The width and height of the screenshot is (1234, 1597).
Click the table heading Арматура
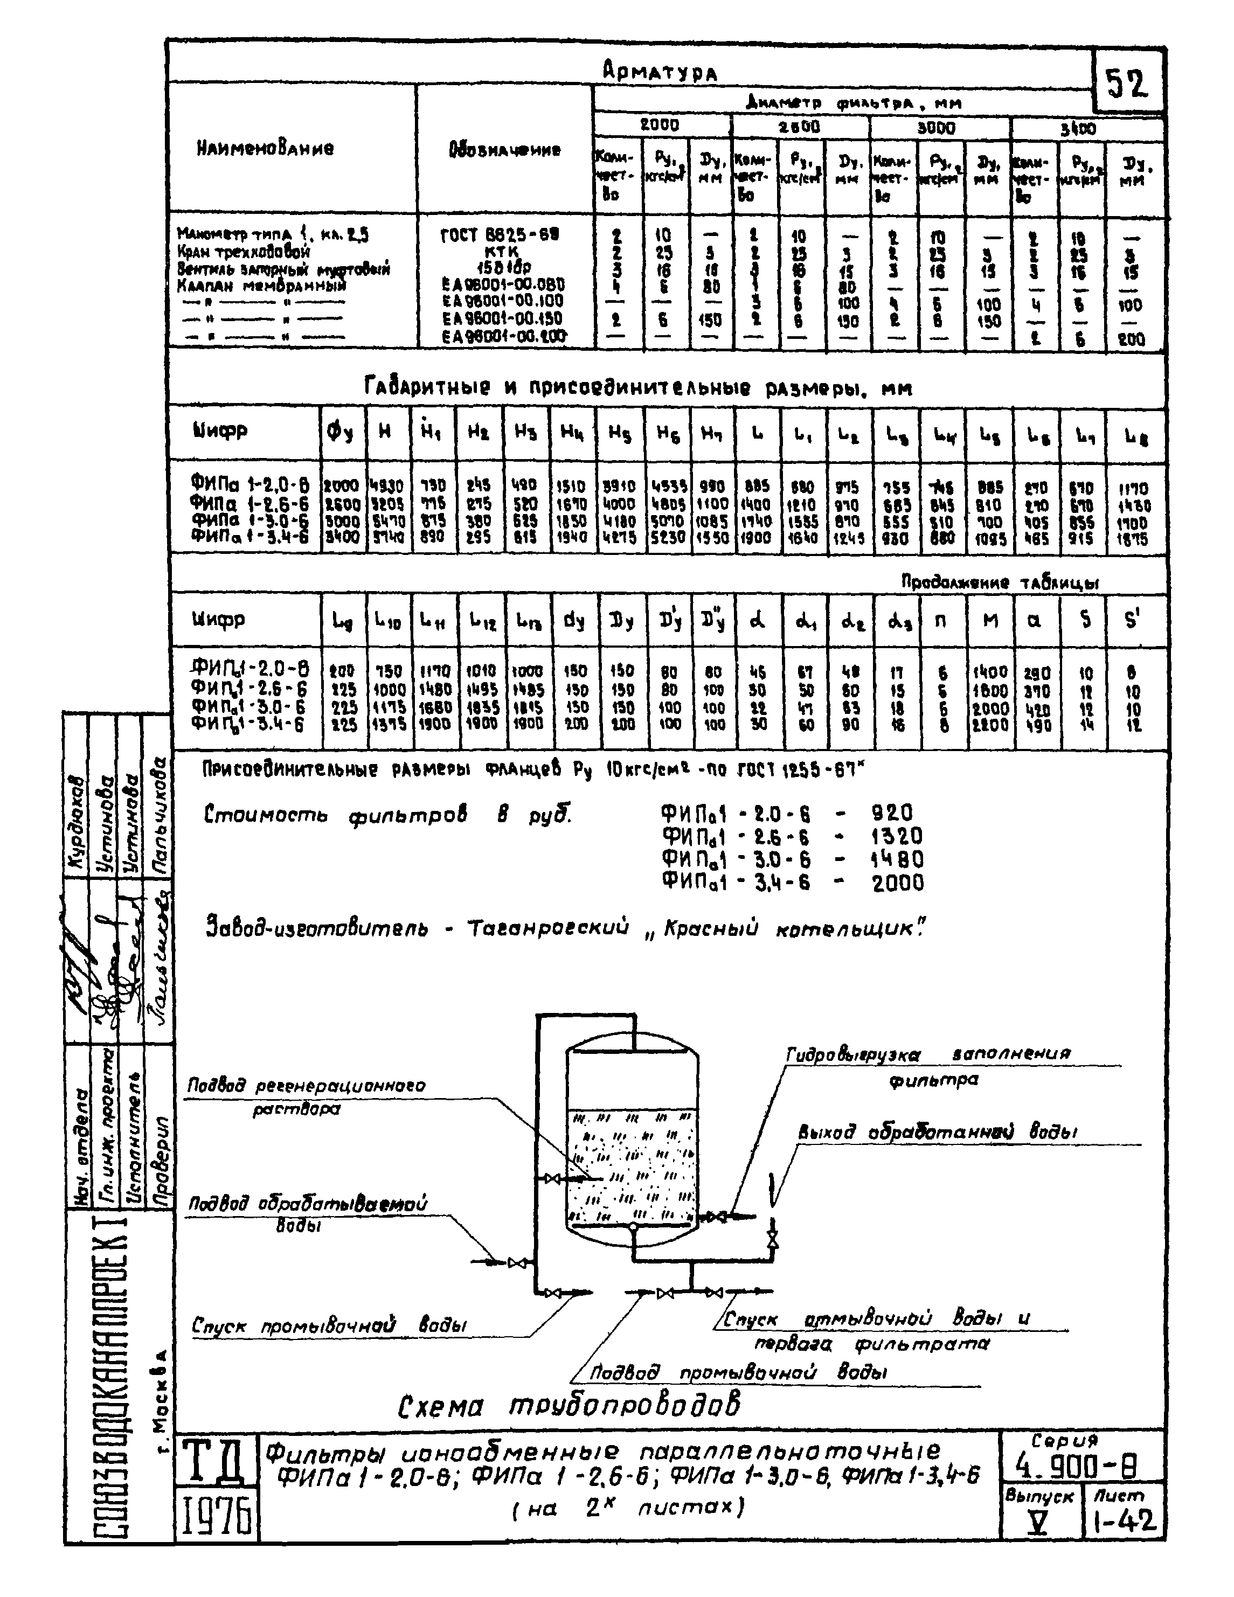pyautogui.click(x=659, y=71)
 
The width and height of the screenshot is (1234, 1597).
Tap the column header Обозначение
pyautogui.click(x=505, y=150)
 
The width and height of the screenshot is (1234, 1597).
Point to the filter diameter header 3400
pyautogui.click(x=1078, y=129)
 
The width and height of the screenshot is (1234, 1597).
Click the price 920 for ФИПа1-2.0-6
pyautogui.click(x=891, y=813)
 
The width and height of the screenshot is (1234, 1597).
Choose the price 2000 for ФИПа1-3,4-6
pyautogui.click(x=898, y=883)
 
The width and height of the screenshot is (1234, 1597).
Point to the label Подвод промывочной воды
pyautogui.click(x=738, y=1372)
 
